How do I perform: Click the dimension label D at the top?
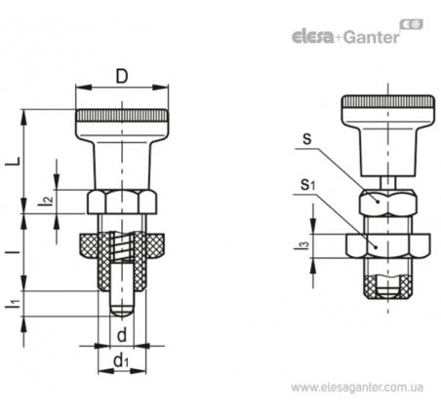pos(122,77)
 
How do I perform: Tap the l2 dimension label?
pos(47,202)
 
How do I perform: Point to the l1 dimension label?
pos(15,304)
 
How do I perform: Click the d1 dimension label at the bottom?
pos(122,361)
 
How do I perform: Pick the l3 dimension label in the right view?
pos(300,245)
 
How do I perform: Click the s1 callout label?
pos(307,185)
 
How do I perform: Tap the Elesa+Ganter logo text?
pos(345,37)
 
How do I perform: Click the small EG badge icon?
pos(412,24)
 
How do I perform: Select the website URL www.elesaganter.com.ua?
pos(357,388)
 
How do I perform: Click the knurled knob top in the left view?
pos(122,116)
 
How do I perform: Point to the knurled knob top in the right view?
pos(388,102)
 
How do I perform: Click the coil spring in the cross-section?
pos(122,245)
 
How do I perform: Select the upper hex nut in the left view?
pos(122,202)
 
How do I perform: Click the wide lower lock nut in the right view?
pos(388,245)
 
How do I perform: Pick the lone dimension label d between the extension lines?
pos(122,335)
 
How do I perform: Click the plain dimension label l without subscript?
pos(15,251)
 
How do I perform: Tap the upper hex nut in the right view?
pos(388,203)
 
